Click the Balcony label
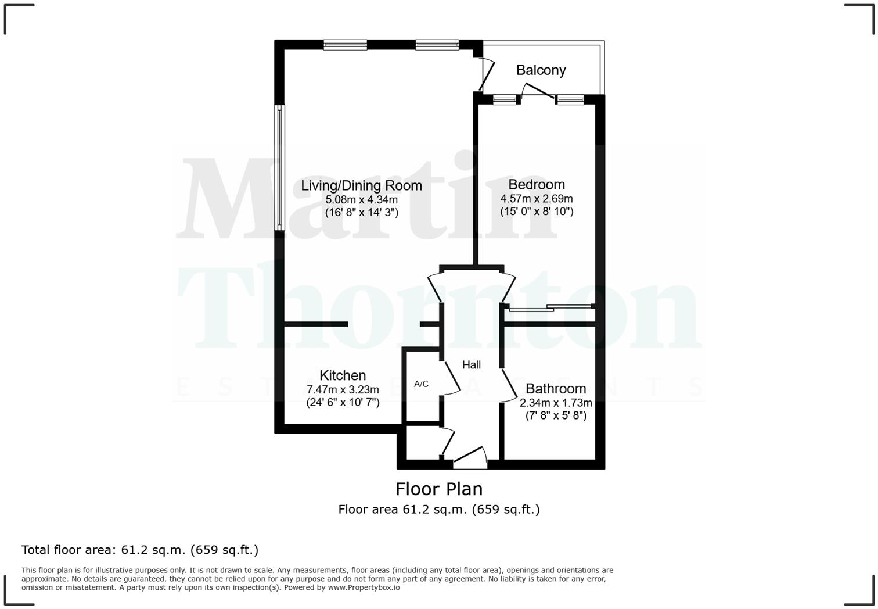[541, 70]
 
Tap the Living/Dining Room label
[361, 186]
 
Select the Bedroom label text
[537, 185]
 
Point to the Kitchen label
[343, 375]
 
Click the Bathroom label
[556, 389]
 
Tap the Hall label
[472, 365]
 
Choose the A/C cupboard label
[421, 384]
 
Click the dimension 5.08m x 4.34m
[361, 200]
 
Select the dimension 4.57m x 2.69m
[537, 199]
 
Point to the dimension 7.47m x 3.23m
[343, 389]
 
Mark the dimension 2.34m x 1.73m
[556, 403]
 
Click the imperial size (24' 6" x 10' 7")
[343, 402]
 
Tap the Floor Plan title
[439, 489]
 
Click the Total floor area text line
[140, 550]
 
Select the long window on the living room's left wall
[279, 167]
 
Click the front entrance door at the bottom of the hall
[470, 458]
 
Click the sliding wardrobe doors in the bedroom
[549, 308]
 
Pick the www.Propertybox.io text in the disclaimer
[364, 587]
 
